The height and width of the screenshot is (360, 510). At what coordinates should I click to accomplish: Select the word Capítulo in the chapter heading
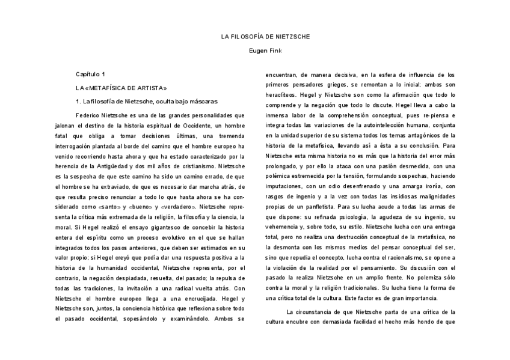click(x=88, y=74)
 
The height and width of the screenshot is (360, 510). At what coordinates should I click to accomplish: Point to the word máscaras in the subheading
click(x=202, y=101)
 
